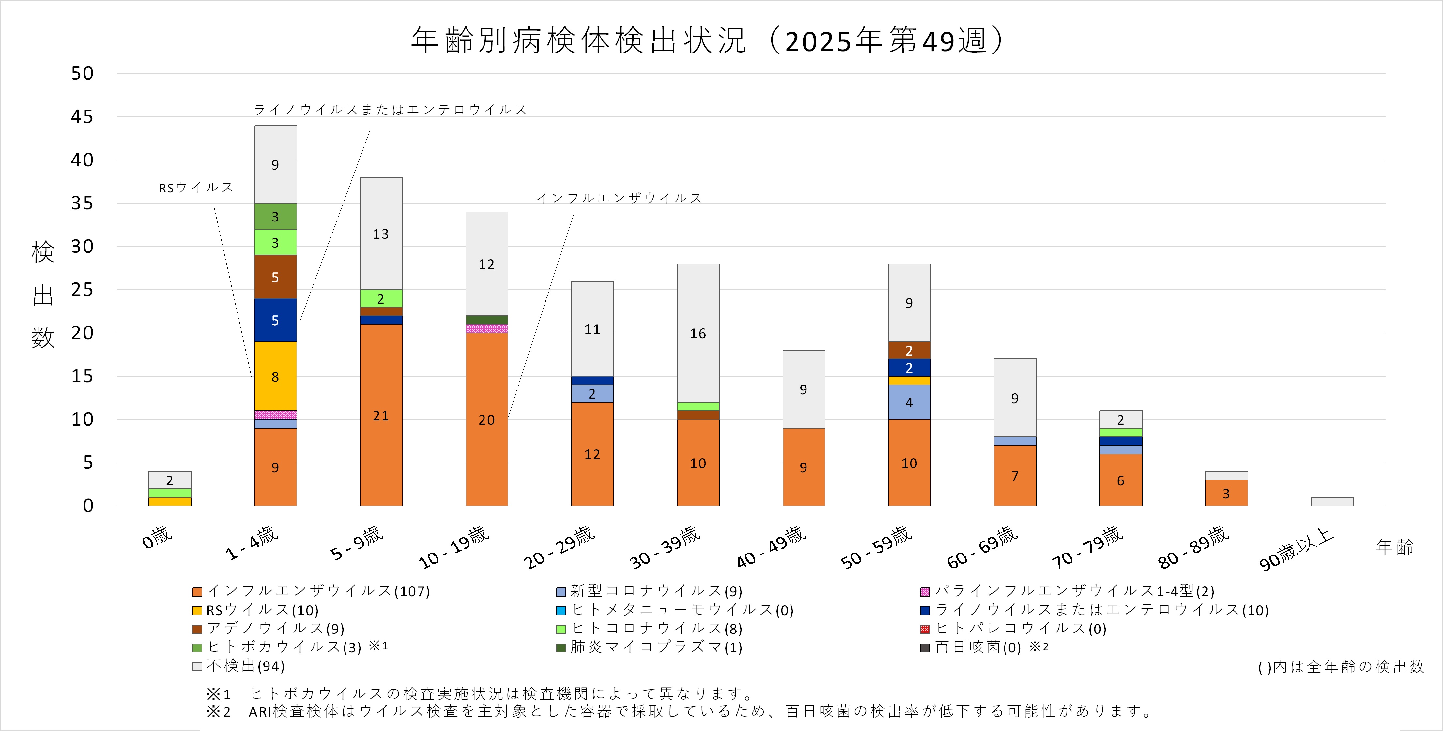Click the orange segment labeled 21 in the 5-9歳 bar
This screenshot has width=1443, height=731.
pos(381,415)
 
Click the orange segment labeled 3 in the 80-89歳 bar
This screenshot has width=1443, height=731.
pos(1226,493)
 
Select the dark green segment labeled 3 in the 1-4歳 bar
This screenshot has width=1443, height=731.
pos(275,216)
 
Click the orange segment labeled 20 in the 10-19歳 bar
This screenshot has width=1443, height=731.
pos(486,419)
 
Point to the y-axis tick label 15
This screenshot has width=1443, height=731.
pos(82,376)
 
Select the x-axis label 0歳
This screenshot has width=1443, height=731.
pos(157,538)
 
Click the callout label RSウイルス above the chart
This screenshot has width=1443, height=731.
pos(196,188)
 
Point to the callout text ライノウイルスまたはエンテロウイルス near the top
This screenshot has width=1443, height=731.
pos(391,109)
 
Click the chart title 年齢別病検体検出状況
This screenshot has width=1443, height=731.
pos(579,40)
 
